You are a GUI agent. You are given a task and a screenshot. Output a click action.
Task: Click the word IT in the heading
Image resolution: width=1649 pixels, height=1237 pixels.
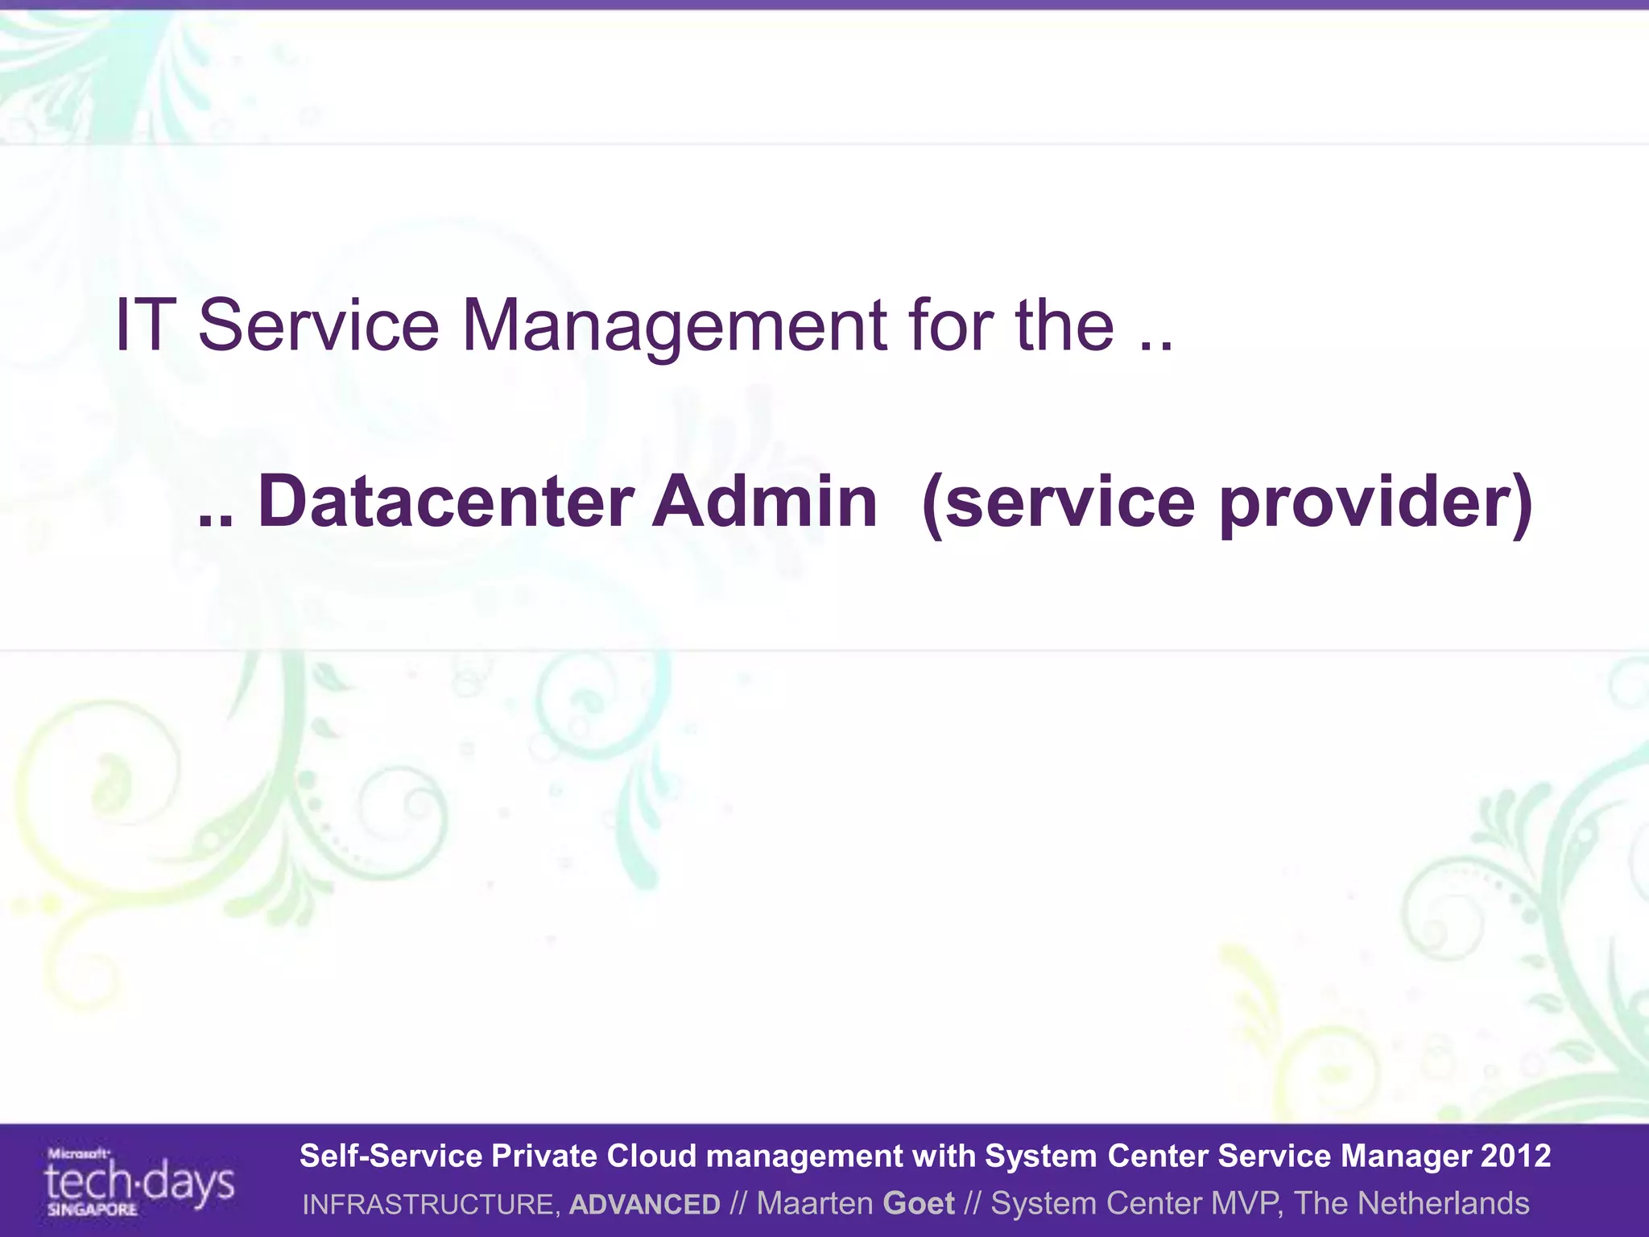(146, 325)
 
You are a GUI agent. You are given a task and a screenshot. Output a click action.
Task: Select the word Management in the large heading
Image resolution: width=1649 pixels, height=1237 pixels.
(674, 325)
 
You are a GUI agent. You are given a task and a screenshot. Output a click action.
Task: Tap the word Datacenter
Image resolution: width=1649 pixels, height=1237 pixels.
(446, 501)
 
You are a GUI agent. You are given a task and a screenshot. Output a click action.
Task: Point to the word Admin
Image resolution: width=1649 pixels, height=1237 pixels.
(764, 501)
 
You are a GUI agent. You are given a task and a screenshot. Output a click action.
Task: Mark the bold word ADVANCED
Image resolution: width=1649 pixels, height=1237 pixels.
(644, 1204)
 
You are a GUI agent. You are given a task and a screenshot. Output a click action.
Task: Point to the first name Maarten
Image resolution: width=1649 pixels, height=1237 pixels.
(815, 1203)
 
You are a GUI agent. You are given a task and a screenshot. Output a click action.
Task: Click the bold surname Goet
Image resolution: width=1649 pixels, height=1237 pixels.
(919, 1203)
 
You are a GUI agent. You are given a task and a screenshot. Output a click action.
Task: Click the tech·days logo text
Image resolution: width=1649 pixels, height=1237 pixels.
(139, 1183)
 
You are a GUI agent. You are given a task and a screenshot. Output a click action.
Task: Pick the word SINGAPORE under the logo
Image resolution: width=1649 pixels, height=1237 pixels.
(92, 1210)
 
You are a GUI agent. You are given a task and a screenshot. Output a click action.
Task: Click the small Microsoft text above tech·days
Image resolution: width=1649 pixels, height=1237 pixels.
(78, 1153)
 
